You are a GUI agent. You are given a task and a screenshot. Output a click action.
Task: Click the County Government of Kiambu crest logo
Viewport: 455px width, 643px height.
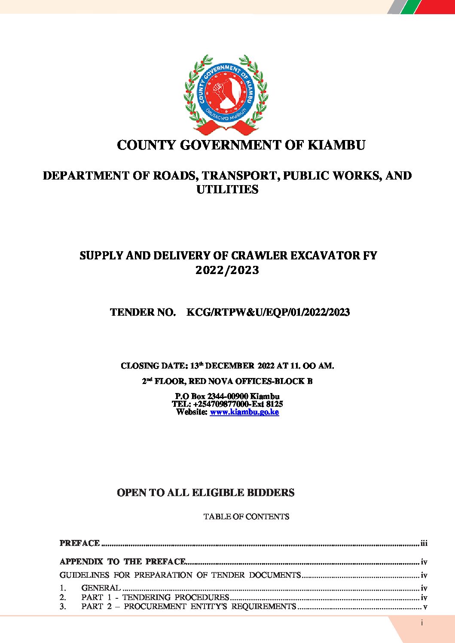coord(226,94)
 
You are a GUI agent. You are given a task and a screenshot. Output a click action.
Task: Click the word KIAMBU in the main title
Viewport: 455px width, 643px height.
coord(336,145)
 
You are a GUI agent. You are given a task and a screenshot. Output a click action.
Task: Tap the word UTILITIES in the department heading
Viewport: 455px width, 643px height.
coord(227,189)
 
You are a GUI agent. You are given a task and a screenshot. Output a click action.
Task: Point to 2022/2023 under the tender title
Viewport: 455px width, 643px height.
coord(227,270)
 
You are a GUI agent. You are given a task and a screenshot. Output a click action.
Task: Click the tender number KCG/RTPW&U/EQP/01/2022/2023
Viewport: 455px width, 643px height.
coord(268,312)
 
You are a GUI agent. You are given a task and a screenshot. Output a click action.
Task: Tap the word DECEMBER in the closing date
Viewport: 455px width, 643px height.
coord(230,366)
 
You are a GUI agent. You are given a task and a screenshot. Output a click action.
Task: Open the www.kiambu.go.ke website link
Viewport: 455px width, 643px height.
coord(244,412)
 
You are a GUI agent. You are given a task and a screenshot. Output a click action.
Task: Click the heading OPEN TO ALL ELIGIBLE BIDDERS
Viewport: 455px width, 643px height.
coord(205,493)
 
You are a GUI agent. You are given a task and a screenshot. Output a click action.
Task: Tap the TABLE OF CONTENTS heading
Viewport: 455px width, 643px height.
coord(246,516)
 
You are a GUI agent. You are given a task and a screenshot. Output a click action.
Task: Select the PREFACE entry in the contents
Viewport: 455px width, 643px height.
coord(79,543)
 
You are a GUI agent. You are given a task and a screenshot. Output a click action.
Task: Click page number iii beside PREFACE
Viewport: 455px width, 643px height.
coord(424,543)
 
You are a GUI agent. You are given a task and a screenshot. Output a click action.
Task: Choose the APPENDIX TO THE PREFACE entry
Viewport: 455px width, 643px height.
coord(122,562)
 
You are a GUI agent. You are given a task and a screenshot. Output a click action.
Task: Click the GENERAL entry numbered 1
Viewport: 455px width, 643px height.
coord(101,588)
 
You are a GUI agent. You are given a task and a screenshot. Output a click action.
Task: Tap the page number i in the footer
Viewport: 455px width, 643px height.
coord(422,623)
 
